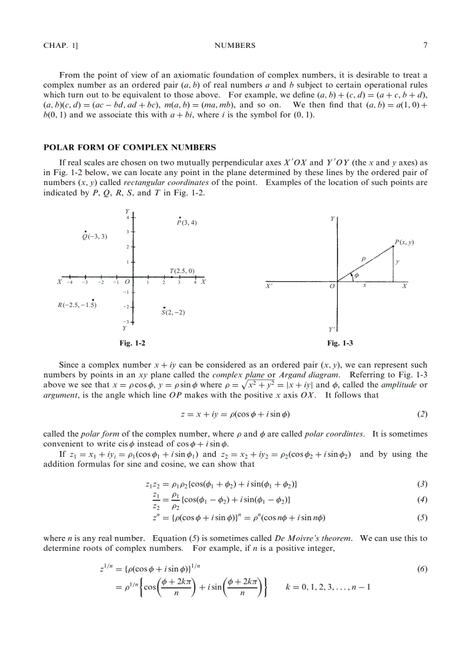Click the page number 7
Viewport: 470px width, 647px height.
click(424, 46)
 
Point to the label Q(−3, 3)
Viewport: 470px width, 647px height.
click(95, 236)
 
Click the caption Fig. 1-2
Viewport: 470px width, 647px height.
click(132, 343)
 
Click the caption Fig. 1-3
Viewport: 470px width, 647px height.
click(340, 343)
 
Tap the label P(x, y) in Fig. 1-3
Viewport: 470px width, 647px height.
click(404, 243)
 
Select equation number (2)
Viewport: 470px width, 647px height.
click(422, 414)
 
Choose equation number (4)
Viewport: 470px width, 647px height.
click(422, 499)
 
